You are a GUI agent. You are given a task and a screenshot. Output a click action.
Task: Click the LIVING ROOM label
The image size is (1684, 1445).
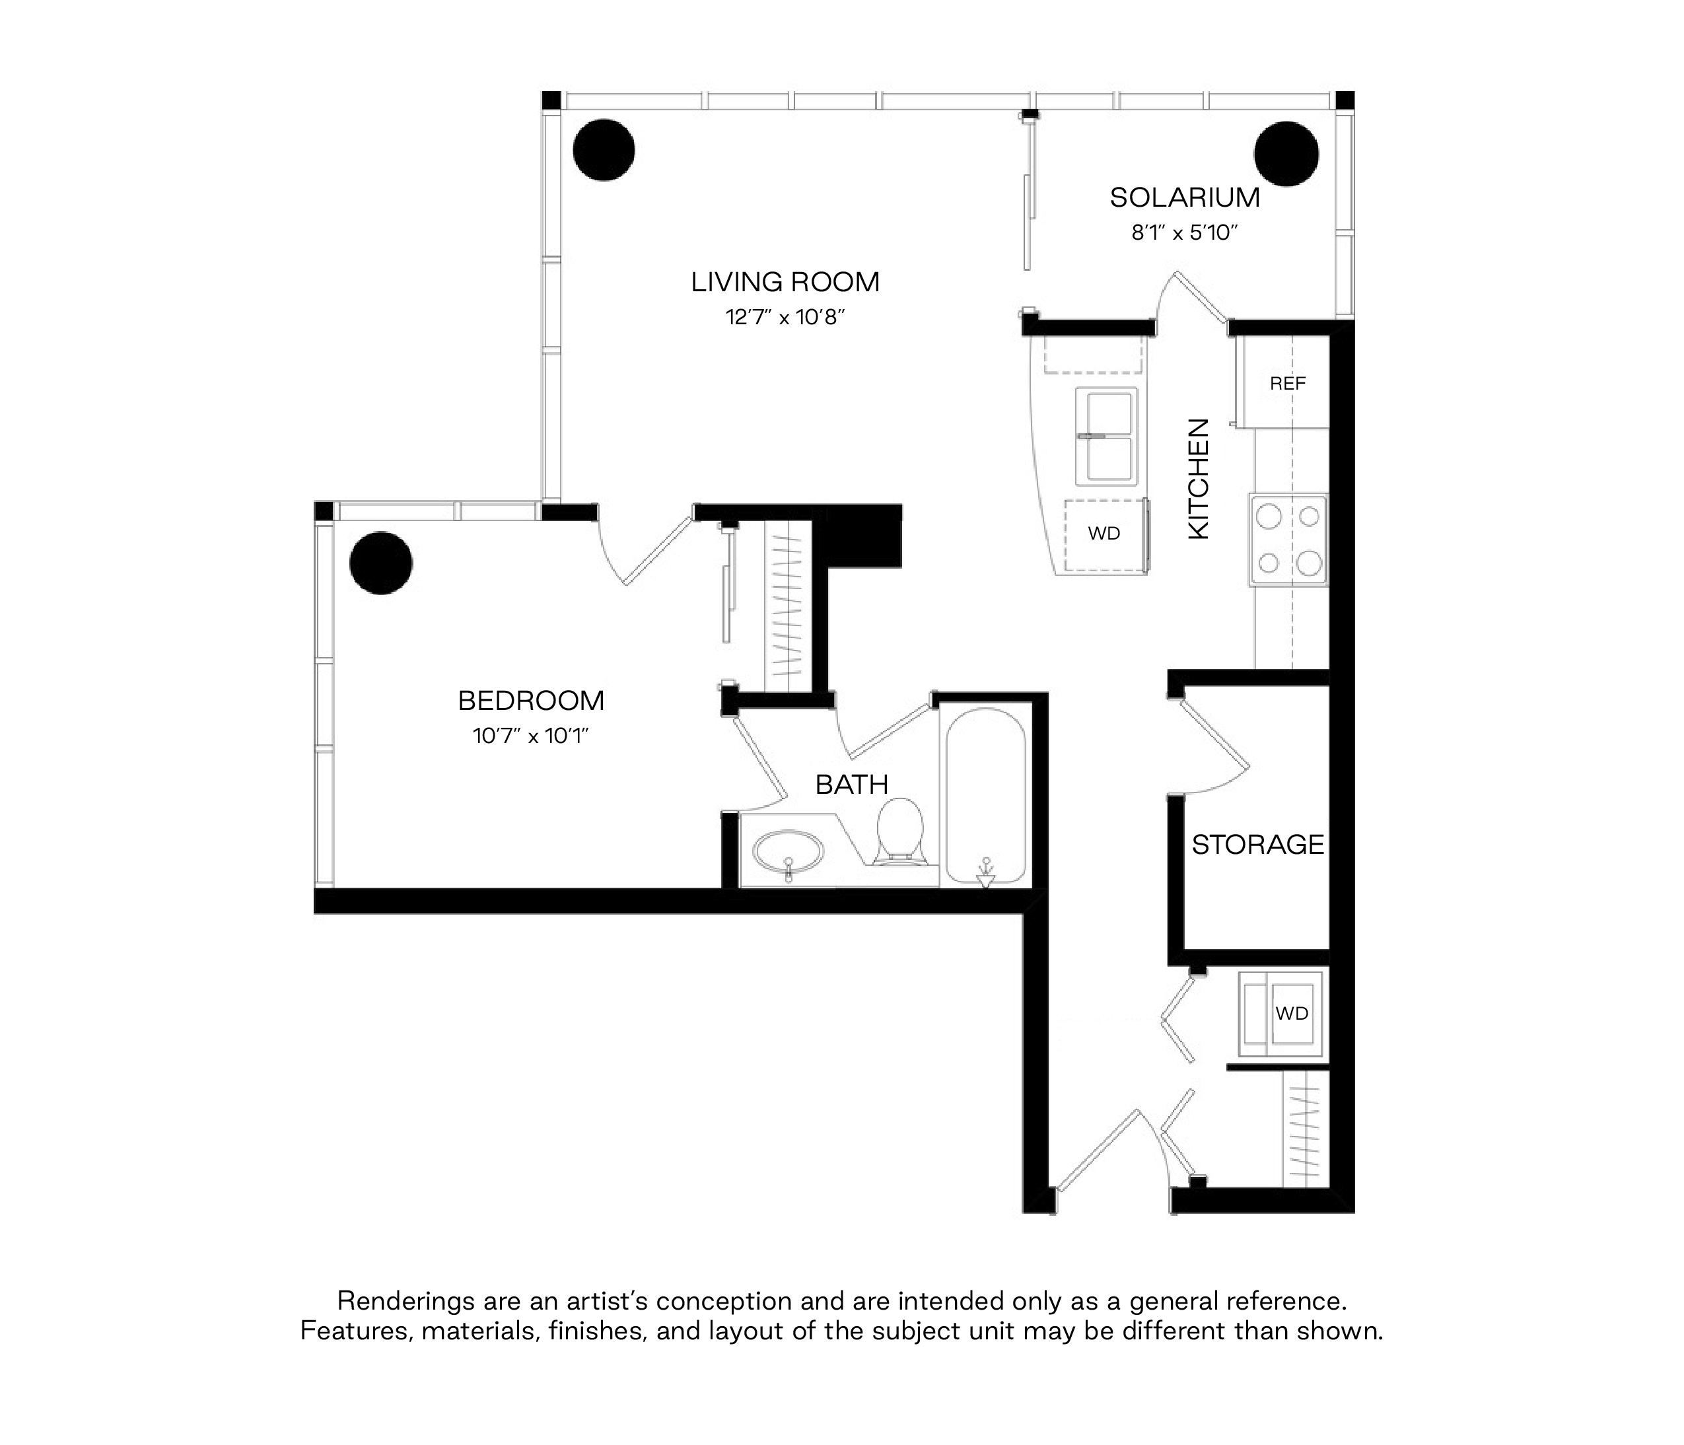(785, 282)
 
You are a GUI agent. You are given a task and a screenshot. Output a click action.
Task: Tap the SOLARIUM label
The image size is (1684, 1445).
(1184, 197)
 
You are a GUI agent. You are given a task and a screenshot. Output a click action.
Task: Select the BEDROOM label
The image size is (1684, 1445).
(531, 701)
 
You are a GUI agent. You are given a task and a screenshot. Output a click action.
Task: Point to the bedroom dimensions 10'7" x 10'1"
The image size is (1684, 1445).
(531, 736)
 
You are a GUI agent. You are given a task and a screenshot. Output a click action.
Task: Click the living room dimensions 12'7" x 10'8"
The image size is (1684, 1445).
(785, 317)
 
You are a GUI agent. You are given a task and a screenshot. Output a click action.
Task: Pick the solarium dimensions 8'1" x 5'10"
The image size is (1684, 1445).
(1184, 233)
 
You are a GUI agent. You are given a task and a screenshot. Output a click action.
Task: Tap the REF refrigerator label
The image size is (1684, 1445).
(1287, 384)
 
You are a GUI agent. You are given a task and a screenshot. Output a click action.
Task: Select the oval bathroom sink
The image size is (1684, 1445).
(789, 853)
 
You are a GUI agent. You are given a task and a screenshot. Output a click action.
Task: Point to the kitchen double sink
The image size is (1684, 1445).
(1106, 437)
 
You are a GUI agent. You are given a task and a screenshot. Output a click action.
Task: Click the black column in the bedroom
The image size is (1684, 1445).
(381, 563)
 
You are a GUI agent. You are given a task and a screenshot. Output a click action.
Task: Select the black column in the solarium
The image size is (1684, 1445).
(1286, 154)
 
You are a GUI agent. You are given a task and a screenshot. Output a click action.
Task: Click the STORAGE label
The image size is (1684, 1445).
(1257, 845)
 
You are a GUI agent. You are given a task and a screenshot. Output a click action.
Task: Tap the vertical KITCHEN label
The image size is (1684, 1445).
(1199, 479)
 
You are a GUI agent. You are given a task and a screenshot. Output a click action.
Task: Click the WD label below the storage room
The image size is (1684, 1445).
(1292, 1014)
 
